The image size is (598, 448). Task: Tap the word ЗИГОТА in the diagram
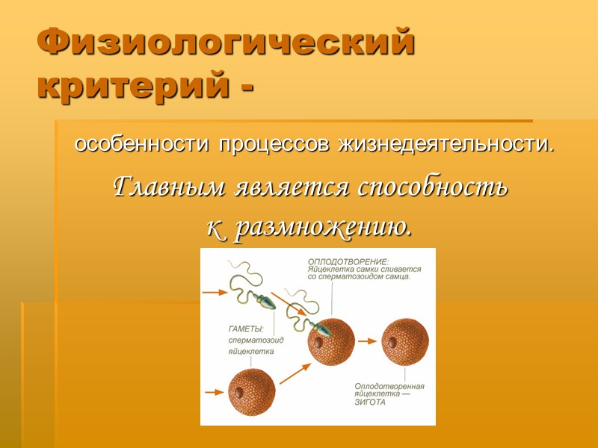click(371, 402)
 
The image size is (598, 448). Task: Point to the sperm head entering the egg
click(321, 328)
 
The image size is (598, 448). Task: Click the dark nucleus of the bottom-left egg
click(241, 391)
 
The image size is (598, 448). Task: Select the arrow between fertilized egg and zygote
click(366, 340)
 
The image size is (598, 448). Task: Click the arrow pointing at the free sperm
click(217, 292)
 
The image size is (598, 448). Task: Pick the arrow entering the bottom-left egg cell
click(215, 391)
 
